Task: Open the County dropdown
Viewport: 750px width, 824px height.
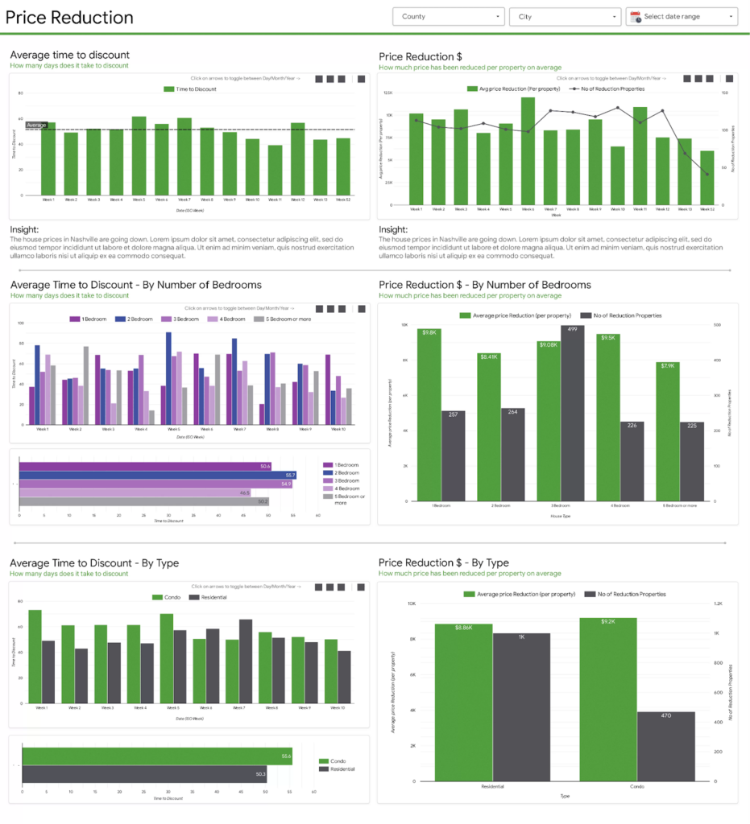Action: pyautogui.click(x=449, y=16)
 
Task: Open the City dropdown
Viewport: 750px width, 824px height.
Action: pyautogui.click(x=564, y=16)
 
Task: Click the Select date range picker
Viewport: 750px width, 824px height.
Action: pyautogui.click(x=682, y=16)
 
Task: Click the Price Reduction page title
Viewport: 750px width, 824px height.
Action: pyautogui.click(x=69, y=18)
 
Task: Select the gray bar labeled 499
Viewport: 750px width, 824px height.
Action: pyautogui.click(x=572, y=414)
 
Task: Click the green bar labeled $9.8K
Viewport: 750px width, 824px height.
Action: pyautogui.click(x=429, y=414)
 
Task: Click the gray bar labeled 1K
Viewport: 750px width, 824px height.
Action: pyautogui.click(x=522, y=707)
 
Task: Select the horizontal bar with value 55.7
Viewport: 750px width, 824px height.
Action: pyautogui.click(x=157, y=476)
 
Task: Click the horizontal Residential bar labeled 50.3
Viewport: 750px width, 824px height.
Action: pyautogui.click(x=144, y=774)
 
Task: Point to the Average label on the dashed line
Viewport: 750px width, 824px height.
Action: pyautogui.click(x=37, y=126)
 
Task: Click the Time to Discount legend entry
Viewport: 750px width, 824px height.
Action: pyautogui.click(x=190, y=89)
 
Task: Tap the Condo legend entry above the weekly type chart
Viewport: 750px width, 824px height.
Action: pyautogui.click(x=168, y=598)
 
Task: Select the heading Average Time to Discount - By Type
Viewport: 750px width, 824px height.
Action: pyautogui.click(x=94, y=562)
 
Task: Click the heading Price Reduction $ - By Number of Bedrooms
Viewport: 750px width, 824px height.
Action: pyautogui.click(x=484, y=285)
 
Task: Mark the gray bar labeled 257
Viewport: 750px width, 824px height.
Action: pyautogui.click(x=454, y=456)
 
